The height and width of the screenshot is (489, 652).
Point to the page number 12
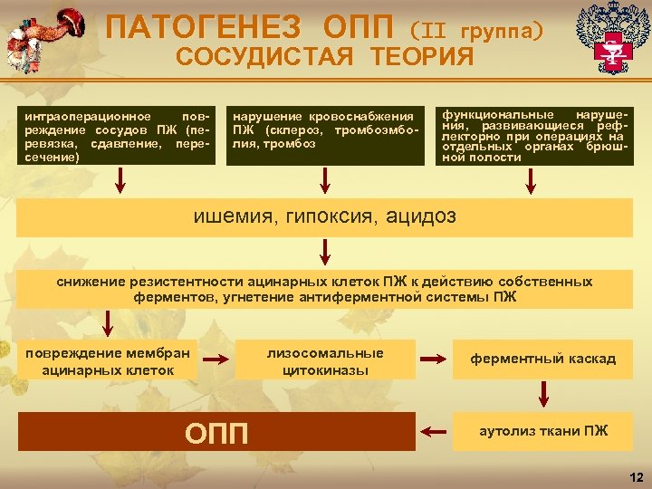point(635,476)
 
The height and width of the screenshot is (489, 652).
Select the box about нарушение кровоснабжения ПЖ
point(325,137)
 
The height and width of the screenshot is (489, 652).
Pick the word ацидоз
point(420,216)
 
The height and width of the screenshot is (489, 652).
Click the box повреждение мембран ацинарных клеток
point(107,360)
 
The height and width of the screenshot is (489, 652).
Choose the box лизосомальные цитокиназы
point(325,360)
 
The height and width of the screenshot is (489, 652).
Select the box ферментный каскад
point(543,360)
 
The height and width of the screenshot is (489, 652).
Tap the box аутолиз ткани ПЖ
point(543,431)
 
